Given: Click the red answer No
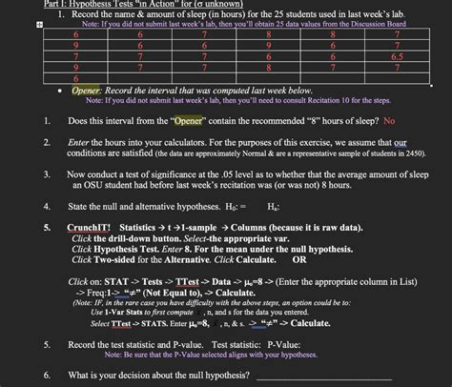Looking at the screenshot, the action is [x=389, y=121].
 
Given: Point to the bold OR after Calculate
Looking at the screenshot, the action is [x=298, y=257].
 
